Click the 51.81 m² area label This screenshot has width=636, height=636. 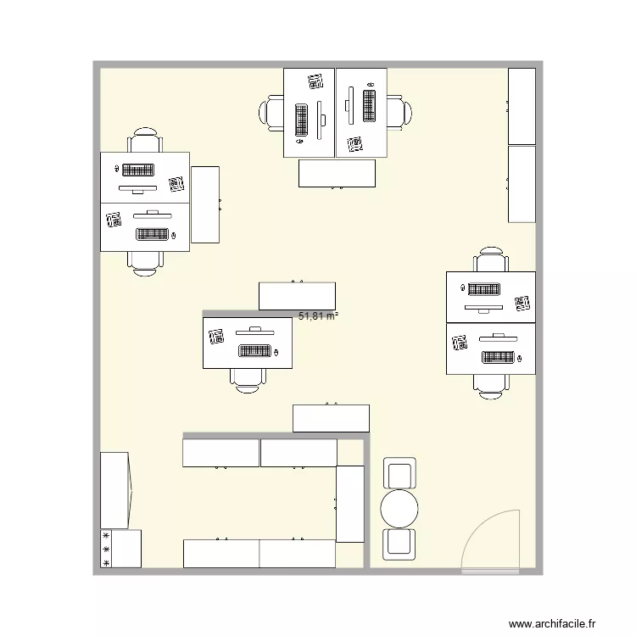pyautogui.click(x=319, y=316)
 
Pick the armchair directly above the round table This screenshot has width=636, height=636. pyautogui.click(x=399, y=473)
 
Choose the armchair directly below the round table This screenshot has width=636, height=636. pyautogui.click(x=399, y=544)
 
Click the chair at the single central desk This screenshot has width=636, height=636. pyautogui.click(x=248, y=379)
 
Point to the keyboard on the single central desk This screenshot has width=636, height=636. pyautogui.click(x=254, y=350)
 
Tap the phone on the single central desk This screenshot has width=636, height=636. pyautogui.click(x=215, y=338)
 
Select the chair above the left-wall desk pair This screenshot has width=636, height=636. pyautogui.click(x=145, y=141)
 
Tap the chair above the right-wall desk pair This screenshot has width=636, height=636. pyautogui.click(x=492, y=260)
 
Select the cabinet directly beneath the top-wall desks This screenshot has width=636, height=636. pyautogui.click(x=337, y=173)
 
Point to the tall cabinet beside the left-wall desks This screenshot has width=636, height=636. pyautogui.click(x=206, y=204)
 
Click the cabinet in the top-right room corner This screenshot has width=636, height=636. pyautogui.click(x=522, y=106)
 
